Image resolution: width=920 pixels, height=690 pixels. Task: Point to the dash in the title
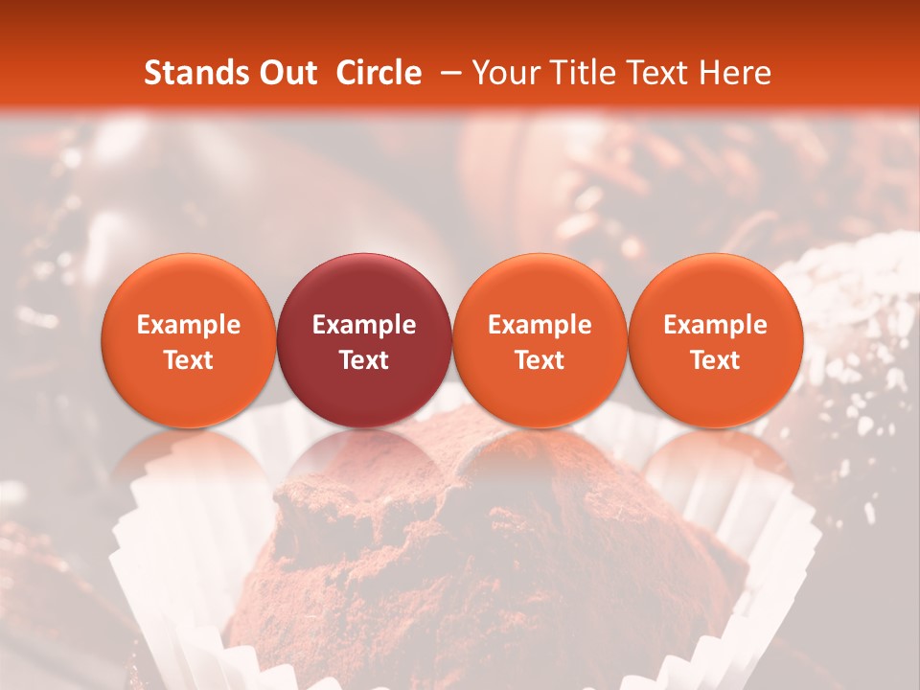447,73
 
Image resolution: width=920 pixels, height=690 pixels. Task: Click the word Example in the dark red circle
364,325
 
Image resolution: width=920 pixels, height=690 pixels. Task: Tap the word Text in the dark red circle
364,360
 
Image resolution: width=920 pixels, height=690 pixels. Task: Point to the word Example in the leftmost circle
189,325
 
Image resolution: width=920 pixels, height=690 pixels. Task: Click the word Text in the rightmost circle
716,360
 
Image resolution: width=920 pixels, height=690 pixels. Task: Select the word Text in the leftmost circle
189,360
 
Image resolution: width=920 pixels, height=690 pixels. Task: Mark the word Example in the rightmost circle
716,325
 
